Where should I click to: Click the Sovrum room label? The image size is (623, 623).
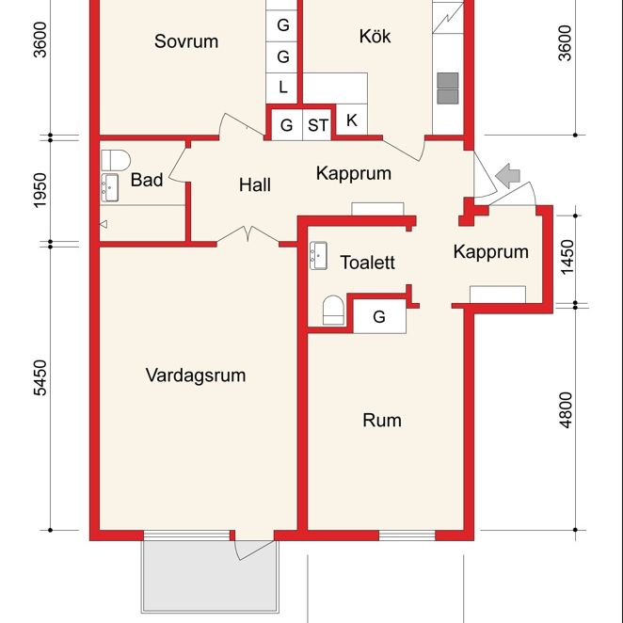186,41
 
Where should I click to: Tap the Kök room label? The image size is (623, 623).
375,37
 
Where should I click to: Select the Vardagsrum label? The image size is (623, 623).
196,375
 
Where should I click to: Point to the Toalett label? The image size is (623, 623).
367,263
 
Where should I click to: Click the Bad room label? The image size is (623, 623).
147,180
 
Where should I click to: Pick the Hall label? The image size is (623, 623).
255,184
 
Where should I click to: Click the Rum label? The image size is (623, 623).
382,420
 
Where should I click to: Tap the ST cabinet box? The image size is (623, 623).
318,124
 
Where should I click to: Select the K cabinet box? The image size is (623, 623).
352,120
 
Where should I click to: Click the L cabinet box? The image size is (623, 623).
283,88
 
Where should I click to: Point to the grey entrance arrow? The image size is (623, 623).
509,174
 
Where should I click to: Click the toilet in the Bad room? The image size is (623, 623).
114,157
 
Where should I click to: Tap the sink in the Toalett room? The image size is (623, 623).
317,254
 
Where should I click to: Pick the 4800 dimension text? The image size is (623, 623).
566,410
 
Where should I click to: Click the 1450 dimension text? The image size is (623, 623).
566,256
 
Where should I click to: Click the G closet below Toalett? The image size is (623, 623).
379,317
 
